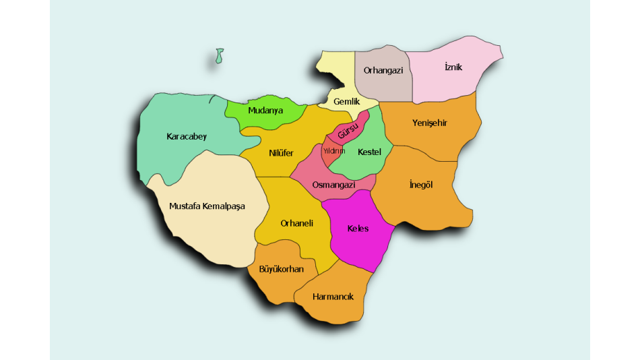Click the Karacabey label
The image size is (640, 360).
coord(187,137)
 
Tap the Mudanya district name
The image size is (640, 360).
coord(265,111)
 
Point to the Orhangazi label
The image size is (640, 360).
coord(383,70)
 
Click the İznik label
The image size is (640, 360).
coord(453,67)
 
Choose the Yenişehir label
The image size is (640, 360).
coord(430,123)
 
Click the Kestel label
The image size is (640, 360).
coord(369,152)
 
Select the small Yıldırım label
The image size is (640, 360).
coord(333,150)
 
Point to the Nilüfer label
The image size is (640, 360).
coord(281,153)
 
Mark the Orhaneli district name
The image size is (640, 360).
coord(297,224)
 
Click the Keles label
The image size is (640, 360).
coord(358,229)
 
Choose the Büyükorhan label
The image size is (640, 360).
coord(281,270)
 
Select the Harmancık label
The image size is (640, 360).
coord(333,297)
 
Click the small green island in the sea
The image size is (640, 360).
coord(219,56)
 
